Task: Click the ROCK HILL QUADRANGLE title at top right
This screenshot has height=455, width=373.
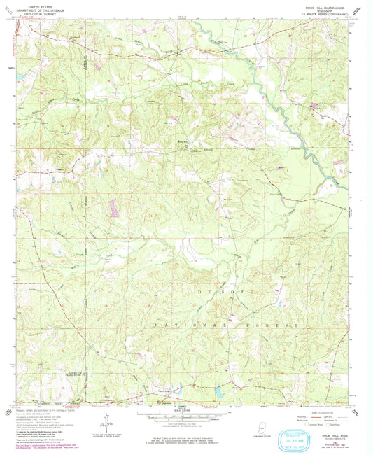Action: pyautogui.click(x=321, y=5)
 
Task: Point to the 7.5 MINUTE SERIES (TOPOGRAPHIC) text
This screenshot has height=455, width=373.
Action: pyautogui.click(x=321, y=13)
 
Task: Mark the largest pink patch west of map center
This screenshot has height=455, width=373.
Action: pyautogui.click(x=113, y=207)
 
